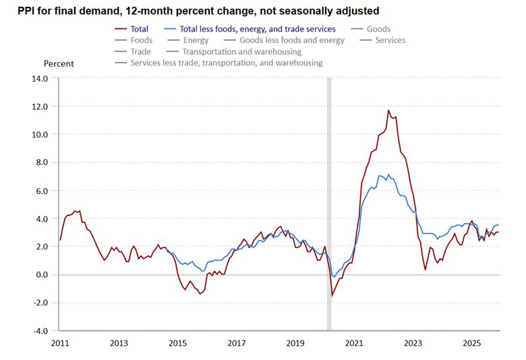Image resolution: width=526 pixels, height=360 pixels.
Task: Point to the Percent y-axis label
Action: (x=59, y=63)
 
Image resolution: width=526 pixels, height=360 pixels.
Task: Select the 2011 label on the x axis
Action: (x=60, y=343)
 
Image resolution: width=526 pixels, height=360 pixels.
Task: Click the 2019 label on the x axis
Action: (x=295, y=343)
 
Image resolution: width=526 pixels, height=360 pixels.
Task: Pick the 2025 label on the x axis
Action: (x=471, y=343)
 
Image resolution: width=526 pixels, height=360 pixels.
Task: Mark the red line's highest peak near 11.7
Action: (x=388, y=110)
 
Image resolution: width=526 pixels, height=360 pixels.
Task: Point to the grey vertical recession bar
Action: (x=329, y=202)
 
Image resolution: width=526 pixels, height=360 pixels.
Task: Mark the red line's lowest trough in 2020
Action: (x=332, y=295)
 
